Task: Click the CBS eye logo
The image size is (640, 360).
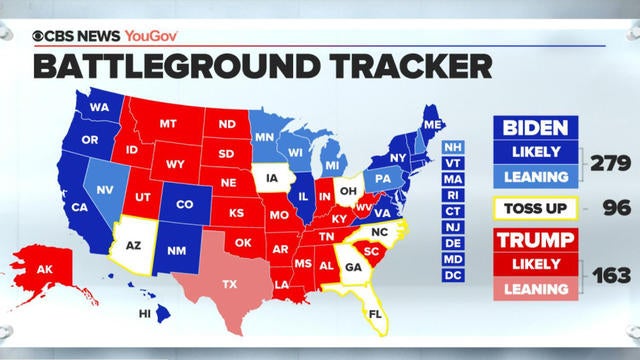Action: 40,36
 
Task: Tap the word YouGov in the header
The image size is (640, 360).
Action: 152,36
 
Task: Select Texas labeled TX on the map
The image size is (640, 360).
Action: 230,284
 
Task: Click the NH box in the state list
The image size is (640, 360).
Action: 453,146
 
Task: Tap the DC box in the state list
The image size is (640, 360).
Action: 453,274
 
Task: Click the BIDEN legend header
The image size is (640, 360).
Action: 536,128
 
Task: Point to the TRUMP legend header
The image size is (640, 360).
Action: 536,241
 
